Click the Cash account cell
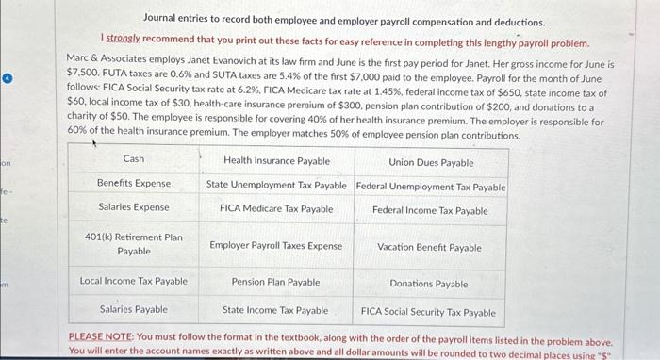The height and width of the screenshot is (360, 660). click(134, 159)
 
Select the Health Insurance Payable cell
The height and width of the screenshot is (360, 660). click(276, 161)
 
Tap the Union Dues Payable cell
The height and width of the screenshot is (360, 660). click(431, 163)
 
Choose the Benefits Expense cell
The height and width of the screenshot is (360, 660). click(134, 183)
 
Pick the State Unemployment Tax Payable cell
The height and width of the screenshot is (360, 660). click(276, 186)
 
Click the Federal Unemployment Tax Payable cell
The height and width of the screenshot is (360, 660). click(431, 187)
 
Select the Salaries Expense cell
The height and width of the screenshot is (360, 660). click(134, 206)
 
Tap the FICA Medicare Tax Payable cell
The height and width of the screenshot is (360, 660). click(276, 208)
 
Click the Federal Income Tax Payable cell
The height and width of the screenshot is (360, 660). click(431, 210)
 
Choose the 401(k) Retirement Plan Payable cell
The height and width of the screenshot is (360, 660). click(134, 244)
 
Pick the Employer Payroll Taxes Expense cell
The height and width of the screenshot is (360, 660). click(276, 245)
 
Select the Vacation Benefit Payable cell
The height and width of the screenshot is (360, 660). click(429, 248)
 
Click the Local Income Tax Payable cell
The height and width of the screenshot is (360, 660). click(134, 281)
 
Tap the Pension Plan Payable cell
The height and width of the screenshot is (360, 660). click(276, 282)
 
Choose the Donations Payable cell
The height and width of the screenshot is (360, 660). click(429, 284)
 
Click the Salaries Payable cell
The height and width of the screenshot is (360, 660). click(134, 309)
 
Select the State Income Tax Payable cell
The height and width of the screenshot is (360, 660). click(276, 310)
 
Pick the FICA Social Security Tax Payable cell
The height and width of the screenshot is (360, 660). click(429, 312)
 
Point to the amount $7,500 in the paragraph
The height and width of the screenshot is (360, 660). click(84, 72)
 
